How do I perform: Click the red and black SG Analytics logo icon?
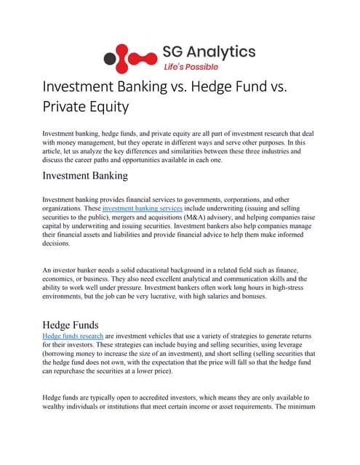128,56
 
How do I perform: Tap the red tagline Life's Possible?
191,65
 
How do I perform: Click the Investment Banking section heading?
85,176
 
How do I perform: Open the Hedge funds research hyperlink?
73,336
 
